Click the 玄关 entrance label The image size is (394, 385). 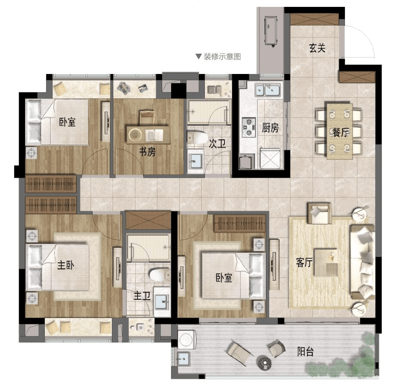click(317, 48)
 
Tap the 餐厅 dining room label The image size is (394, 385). click(341, 132)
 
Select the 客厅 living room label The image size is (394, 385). click(304, 262)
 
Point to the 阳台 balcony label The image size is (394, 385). click(305, 351)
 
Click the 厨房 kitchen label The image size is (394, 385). click(271, 128)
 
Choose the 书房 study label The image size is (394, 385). click(148, 151)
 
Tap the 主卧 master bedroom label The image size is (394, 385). click(65, 265)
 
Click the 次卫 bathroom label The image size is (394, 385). click(217, 144)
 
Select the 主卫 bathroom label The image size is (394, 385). click(142, 296)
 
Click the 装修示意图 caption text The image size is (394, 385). click(222, 56)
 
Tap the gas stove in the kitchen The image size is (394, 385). click(249, 127)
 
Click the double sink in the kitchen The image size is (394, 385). click(268, 90)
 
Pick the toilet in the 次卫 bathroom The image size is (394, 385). click(197, 137)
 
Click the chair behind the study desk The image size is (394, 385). click(147, 117)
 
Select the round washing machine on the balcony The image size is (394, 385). click(187, 340)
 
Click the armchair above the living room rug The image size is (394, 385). click(319, 213)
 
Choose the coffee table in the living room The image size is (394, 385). click(326, 262)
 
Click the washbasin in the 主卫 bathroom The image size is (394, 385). click(162, 301)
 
